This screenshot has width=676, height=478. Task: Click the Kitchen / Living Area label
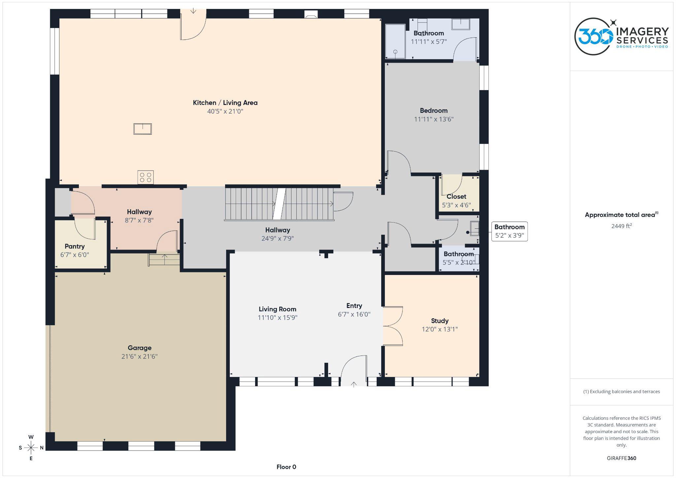click(x=225, y=103)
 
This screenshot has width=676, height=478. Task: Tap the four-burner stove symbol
click(x=146, y=177)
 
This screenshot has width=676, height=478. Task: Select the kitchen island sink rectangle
click(x=143, y=129)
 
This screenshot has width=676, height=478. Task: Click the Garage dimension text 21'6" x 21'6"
click(x=139, y=357)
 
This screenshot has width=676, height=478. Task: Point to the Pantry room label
click(x=75, y=246)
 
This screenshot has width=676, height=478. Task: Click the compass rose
click(x=31, y=448)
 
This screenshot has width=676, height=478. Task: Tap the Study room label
click(x=440, y=321)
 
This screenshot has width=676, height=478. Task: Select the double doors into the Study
click(x=393, y=326)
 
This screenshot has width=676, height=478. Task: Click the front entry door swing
click(x=354, y=370)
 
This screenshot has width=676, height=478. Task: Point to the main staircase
click(x=279, y=204)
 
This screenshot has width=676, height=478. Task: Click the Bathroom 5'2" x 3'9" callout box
click(x=509, y=231)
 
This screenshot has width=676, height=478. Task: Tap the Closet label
click(x=456, y=197)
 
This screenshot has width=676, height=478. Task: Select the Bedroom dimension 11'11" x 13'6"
click(x=434, y=119)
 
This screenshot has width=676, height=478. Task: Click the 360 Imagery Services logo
click(x=621, y=36)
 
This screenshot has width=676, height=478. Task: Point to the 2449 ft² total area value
click(x=621, y=226)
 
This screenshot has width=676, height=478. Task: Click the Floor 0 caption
click(x=286, y=467)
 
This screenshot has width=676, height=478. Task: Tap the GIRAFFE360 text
click(x=621, y=458)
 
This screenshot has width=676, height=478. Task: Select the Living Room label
click(x=277, y=309)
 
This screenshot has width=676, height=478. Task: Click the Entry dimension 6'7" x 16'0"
click(x=354, y=314)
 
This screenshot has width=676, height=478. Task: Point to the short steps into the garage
click(x=164, y=259)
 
